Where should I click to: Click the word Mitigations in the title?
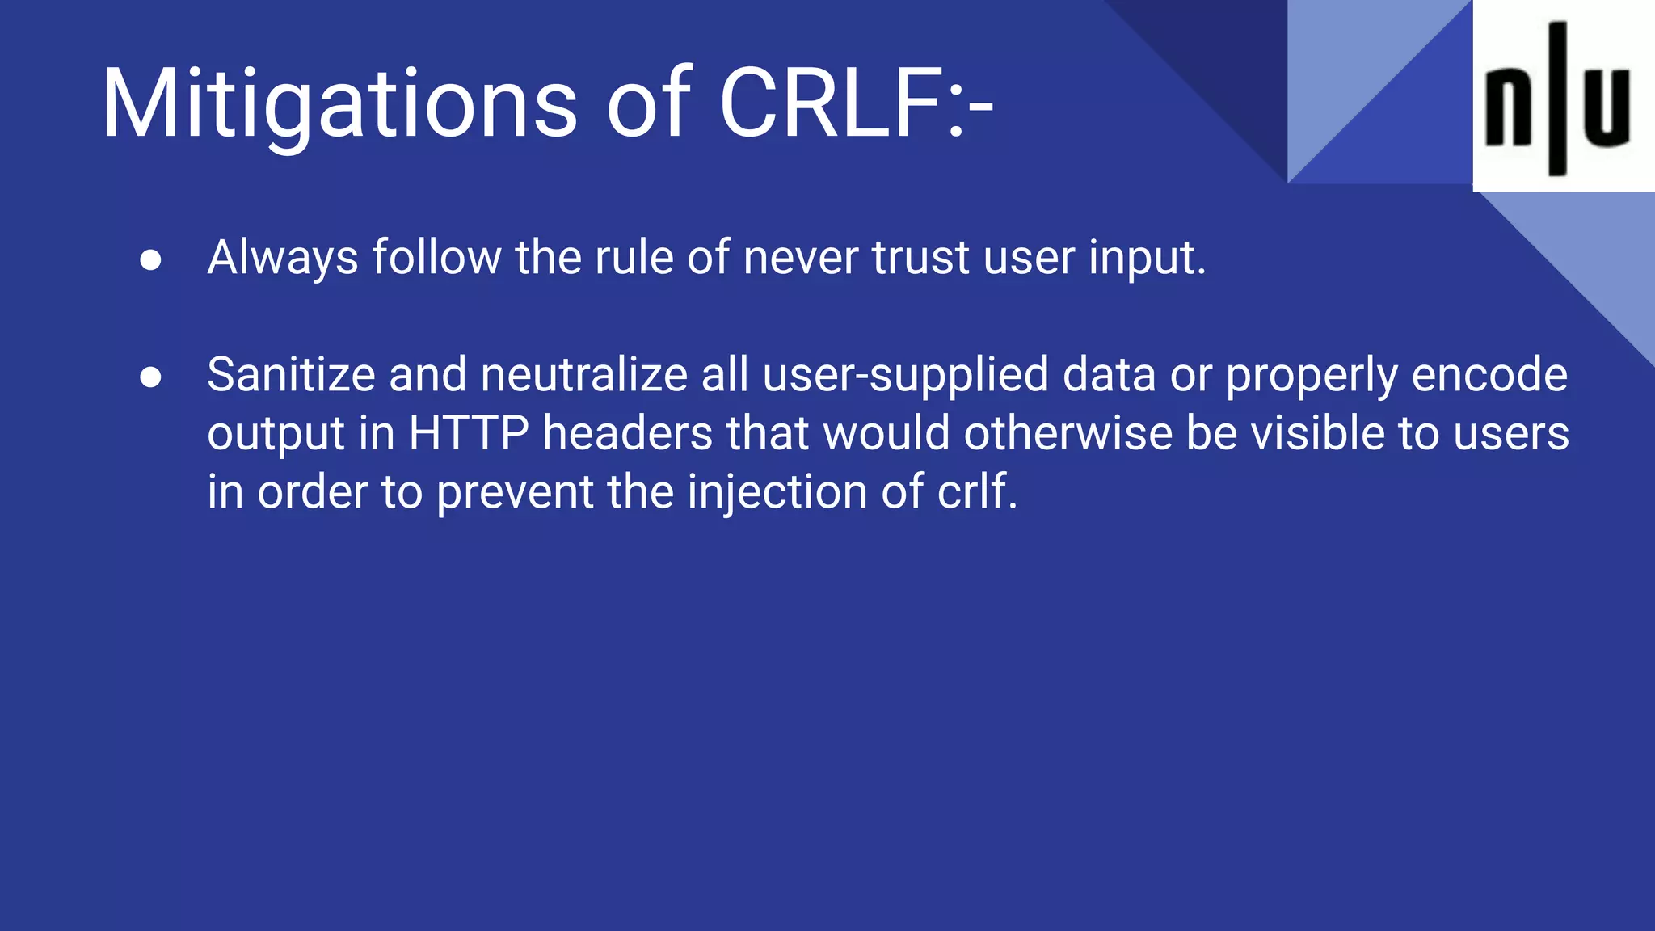[x=339, y=105]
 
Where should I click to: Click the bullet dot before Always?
[x=150, y=260]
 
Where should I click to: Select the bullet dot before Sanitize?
[x=150, y=377]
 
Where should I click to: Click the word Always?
[x=283, y=259]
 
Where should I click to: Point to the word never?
[x=800, y=259]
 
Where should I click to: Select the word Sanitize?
[x=291, y=376]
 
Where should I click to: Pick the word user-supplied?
[x=905, y=376]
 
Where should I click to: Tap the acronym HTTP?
[x=469, y=434]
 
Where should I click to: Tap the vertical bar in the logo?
[x=1557, y=99]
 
